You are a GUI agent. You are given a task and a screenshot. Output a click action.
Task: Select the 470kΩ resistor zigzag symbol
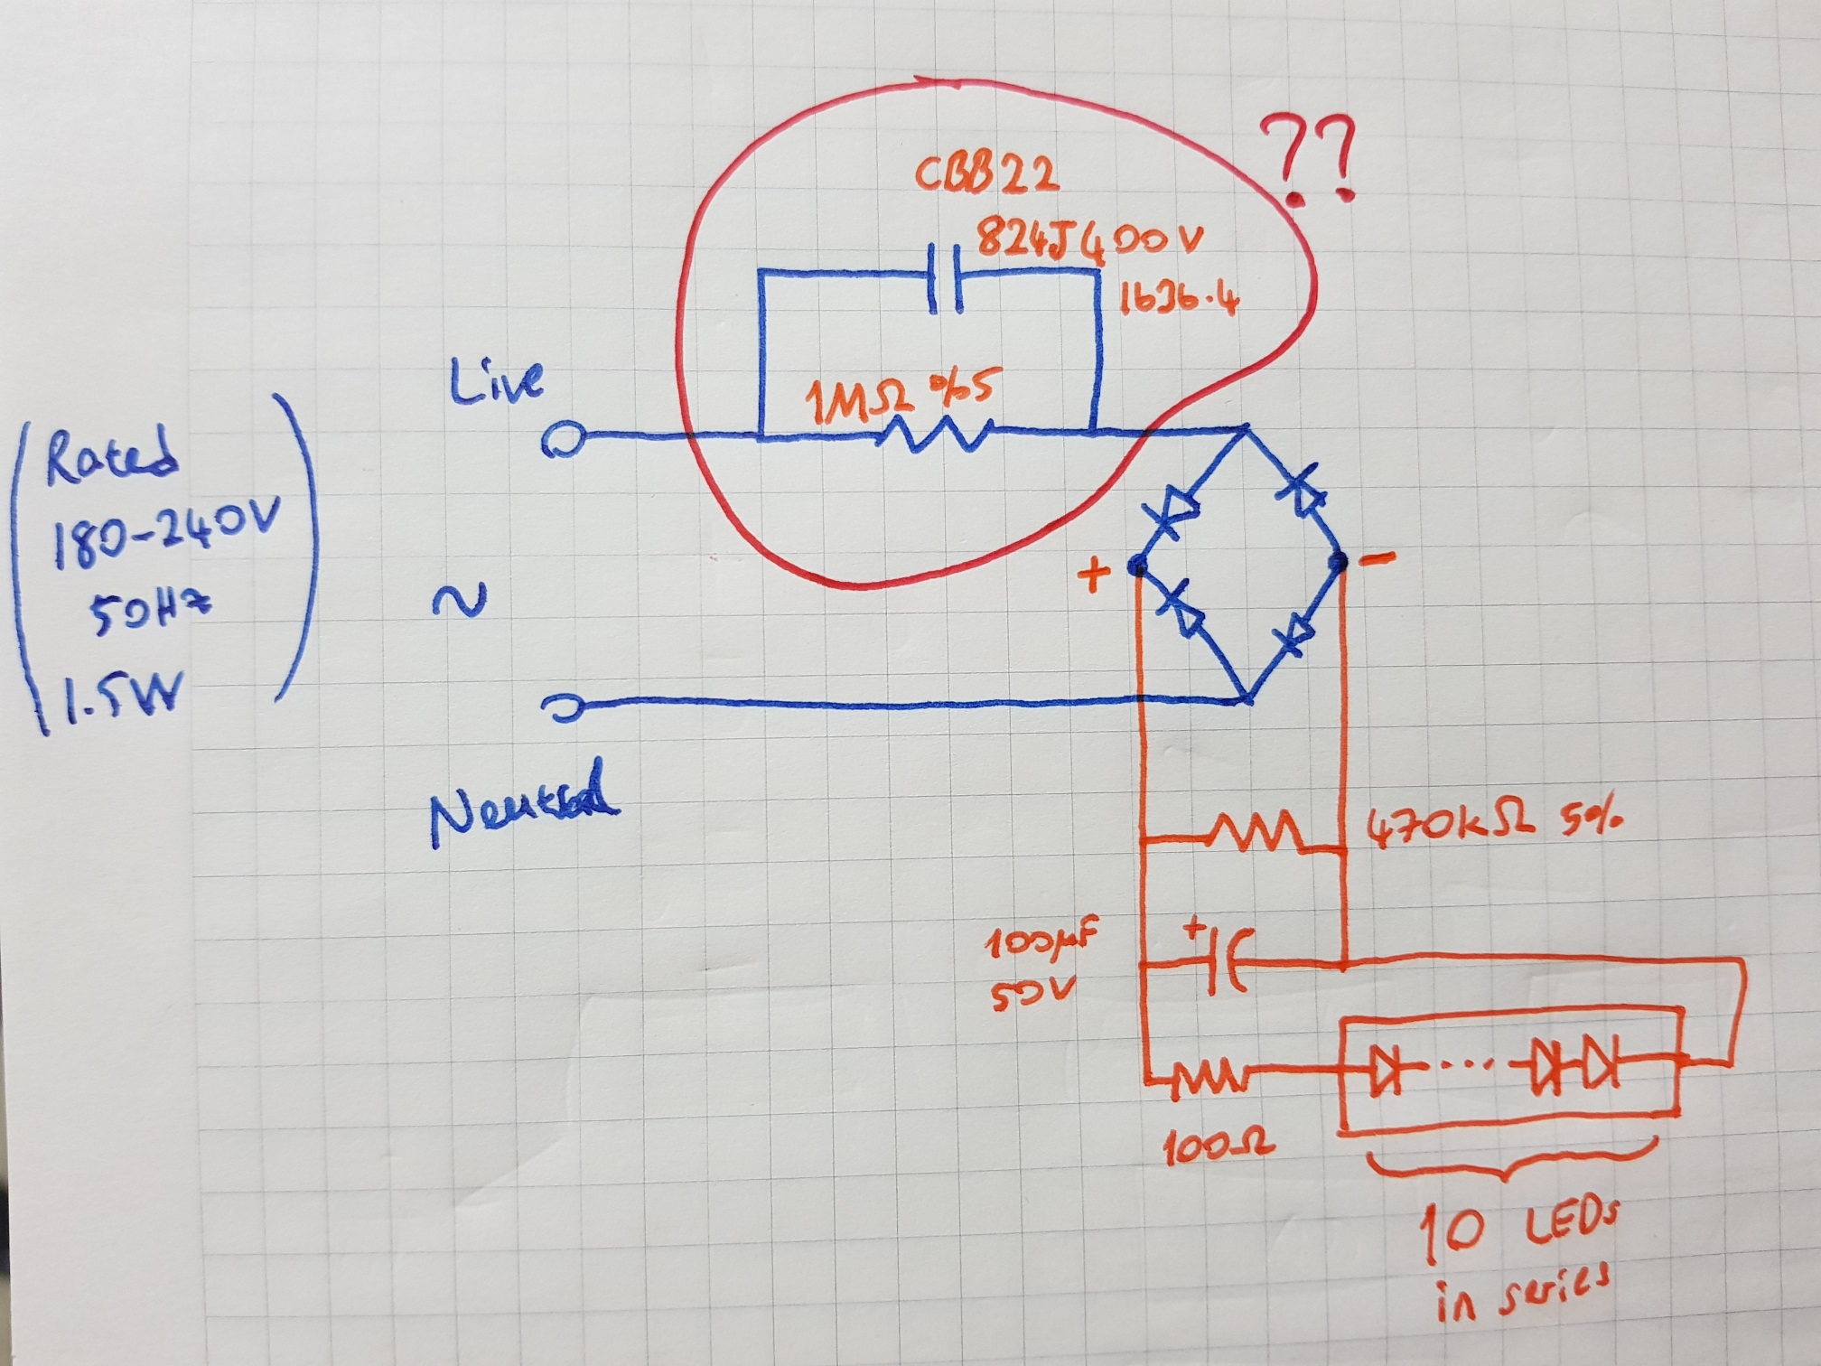[1256, 833]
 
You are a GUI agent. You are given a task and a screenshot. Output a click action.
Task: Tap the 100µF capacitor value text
[1039, 945]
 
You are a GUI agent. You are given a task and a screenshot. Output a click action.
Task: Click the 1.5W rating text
[117, 696]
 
